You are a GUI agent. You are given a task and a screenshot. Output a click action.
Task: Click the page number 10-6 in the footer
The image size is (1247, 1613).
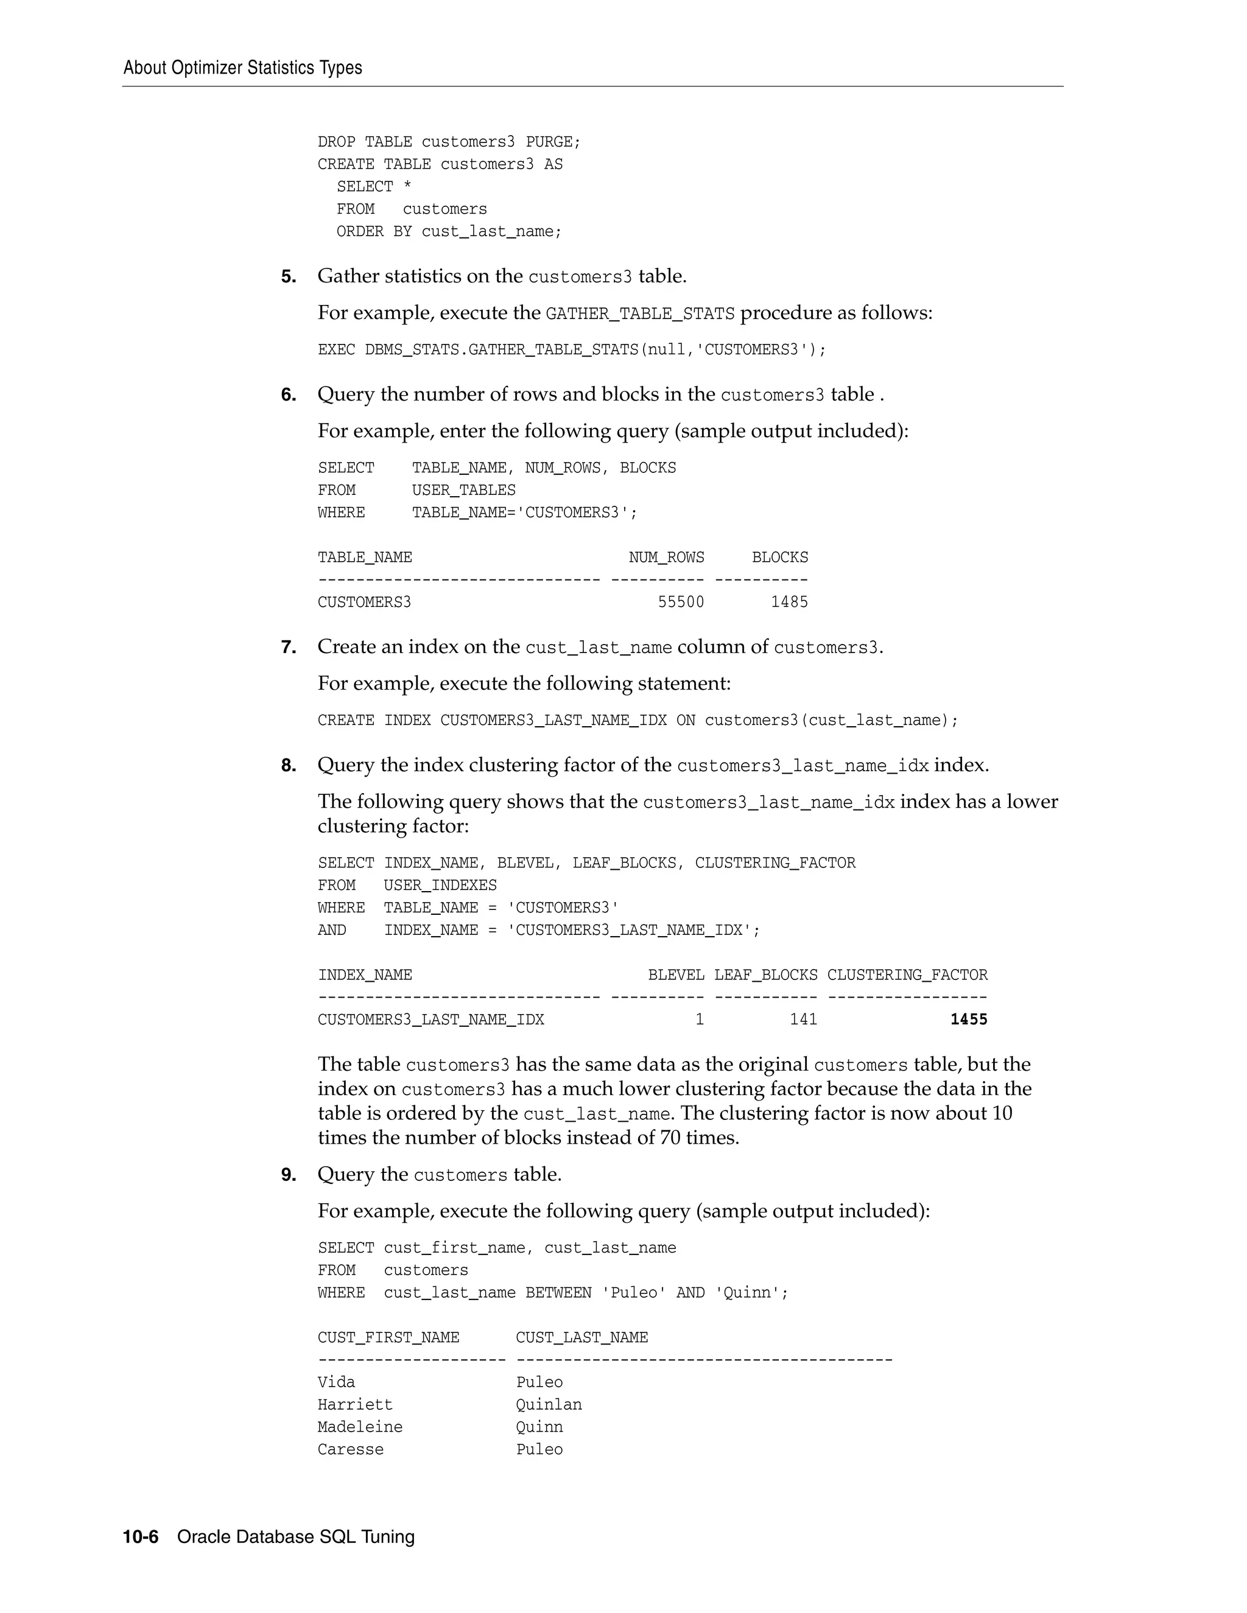tap(141, 1537)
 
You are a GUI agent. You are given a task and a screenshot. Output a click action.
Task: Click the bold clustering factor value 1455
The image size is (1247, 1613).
tap(969, 1020)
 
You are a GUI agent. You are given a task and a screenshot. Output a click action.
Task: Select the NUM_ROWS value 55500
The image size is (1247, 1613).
tap(680, 603)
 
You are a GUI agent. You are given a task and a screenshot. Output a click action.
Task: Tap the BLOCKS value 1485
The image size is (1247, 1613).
tap(789, 603)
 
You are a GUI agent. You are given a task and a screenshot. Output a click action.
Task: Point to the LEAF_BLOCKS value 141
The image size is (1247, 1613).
tap(803, 1020)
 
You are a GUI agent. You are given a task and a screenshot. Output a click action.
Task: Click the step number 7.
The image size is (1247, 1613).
tap(288, 648)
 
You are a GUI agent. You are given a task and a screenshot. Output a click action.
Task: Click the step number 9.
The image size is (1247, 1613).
tap(288, 1175)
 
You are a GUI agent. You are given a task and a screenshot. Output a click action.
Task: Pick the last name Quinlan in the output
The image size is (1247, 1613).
tap(549, 1405)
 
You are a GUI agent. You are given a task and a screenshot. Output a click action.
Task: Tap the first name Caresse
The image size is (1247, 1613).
tap(350, 1450)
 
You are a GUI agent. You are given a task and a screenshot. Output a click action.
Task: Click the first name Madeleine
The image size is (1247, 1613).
tap(360, 1427)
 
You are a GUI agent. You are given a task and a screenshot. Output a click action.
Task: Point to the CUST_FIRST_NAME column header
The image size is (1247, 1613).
tap(388, 1337)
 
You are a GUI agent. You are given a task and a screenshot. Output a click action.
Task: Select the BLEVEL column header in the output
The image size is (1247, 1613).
tap(675, 975)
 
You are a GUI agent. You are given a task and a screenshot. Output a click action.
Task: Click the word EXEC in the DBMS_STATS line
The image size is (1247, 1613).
tap(336, 350)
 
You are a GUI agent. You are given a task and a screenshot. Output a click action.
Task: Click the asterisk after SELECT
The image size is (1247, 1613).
tap(407, 187)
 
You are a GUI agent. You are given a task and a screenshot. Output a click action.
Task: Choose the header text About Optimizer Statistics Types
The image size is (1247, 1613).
tap(242, 68)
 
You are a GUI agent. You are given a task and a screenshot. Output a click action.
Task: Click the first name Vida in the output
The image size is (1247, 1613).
tap(336, 1382)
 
